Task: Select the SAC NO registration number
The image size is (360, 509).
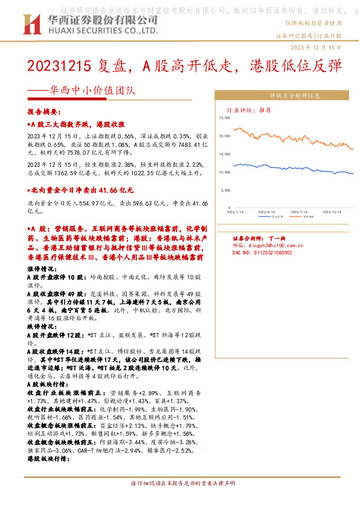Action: coord(262,252)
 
